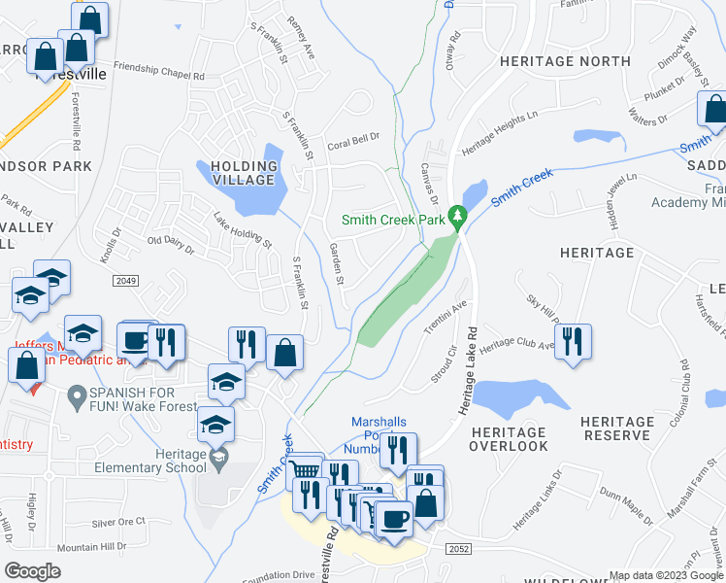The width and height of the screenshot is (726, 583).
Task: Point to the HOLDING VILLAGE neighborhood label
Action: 238,172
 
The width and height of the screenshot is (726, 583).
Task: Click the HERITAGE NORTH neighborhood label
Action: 551,60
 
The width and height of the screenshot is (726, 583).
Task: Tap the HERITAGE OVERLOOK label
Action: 510,438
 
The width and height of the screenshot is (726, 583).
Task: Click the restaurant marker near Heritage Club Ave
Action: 576,341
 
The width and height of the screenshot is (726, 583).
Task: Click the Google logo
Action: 32,570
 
